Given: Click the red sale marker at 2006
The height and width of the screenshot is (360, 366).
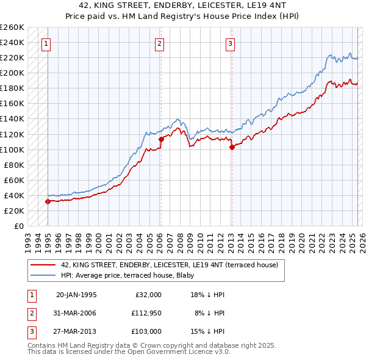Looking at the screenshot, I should pos(161,140).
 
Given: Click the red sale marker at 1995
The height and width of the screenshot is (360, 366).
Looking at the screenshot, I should pos(48,201).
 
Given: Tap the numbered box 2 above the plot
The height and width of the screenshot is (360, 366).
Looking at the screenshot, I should pos(159,43).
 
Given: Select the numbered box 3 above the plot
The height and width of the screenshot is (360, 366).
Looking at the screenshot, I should pos(231,43).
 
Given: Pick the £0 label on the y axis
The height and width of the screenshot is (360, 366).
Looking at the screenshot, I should pos(18,226).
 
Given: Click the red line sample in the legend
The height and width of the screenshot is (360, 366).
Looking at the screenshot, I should pos(43,265).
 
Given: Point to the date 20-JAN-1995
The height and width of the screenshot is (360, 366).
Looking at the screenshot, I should pos(76,295).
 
